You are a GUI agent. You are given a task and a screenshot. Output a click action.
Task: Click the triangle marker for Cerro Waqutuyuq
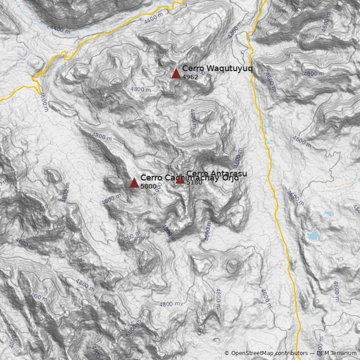[x=176, y=73]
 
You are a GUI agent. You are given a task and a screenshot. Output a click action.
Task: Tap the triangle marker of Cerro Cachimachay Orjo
[x=134, y=182]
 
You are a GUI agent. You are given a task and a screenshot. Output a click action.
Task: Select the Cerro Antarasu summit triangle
[x=180, y=180]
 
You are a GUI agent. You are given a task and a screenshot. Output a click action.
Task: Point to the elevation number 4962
[x=190, y=77]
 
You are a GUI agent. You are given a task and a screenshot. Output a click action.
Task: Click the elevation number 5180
[x=194, y=182]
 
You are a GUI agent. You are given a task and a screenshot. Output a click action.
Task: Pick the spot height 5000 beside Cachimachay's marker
[x=148, y=186]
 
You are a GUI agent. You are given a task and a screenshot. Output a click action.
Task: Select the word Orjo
[x=229, y=178]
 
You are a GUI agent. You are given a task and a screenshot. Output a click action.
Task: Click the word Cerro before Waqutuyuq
[x=193, y=68]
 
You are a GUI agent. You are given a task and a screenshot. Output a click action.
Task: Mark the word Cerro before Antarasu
[x=196, y=173]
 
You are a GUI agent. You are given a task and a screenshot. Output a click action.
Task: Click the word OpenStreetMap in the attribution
[x=253, y=353]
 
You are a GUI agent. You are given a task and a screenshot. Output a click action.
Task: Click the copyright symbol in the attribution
[x=227, y=353]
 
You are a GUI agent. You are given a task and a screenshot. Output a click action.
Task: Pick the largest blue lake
[x=313, y=235]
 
